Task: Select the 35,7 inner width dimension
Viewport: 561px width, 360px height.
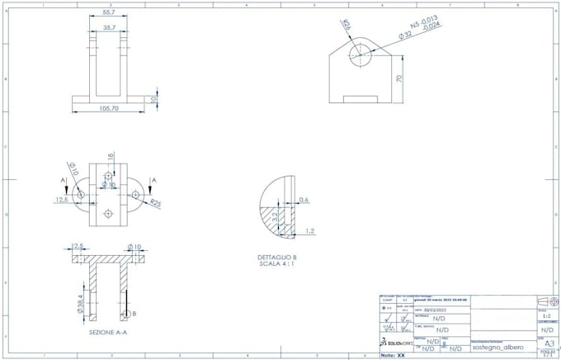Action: point(108,27)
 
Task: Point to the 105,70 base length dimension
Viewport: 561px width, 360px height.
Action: point(108,108)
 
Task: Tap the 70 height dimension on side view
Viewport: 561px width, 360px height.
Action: point(398,79)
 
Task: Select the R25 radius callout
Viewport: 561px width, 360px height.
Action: point(156,202)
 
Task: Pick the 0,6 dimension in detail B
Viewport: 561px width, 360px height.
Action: point(304,200)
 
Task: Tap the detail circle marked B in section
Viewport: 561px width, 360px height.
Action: point(125,315)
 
